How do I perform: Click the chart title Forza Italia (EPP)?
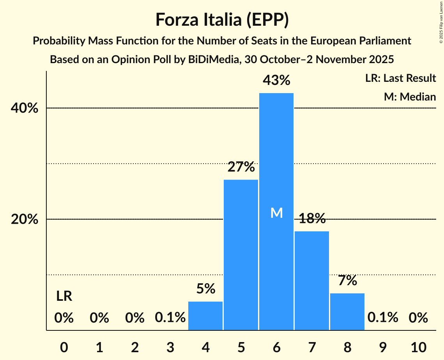point(222,19)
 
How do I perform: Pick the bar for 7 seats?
point(312,281)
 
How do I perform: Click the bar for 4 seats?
point(205,316)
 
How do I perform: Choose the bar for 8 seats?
point(347,312)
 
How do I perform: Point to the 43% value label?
point(276,80)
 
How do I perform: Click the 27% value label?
point(241,167)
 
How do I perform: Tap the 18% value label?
point(312,219)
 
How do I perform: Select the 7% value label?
point(347,281)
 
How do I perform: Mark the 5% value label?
point(205,289)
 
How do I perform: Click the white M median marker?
point(276,213)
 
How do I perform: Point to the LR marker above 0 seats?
point(64,296)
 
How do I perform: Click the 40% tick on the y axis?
point(25,108)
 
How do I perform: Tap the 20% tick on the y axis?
point(25,220)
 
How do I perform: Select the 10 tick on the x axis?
point(418,347)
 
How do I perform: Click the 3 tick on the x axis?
point(170,347)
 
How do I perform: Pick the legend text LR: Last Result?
point(400,78)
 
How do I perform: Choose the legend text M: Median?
point(410,97)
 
